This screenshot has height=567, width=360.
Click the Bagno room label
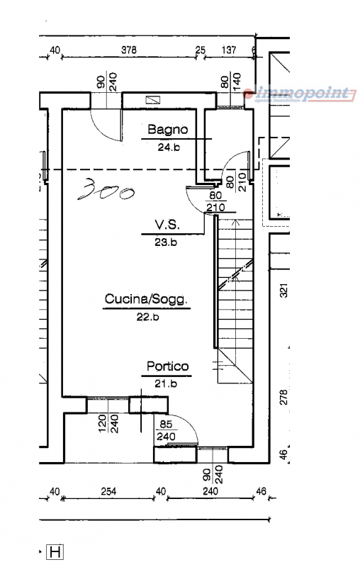click(x=168, y=130)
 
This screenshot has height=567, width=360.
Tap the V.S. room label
click(x=167, y=225)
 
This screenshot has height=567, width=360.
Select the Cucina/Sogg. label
click(x=147, y=299)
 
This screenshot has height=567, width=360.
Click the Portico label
click(x=167, y=366)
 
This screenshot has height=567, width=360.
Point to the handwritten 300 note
click(x=106, y=189)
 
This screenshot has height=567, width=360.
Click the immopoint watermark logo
click(x=300, y=94)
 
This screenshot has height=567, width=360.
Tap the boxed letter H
click(x=55, y=552)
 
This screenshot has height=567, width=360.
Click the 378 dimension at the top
click(x=129, y=50)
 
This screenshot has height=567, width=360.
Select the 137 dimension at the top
click(x=228, y=50)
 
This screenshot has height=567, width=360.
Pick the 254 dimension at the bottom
click(x=108, y=491)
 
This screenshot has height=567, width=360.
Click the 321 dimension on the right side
click(x=284, y=291)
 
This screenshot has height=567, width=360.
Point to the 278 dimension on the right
click(x=284, y=397)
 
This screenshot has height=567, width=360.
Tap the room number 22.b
click(x=147, y=317)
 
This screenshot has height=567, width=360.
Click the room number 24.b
click(x=169, y=147)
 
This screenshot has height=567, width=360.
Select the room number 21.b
click(x=166, y=383)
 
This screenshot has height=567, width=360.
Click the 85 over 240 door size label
click(x=166, y=430)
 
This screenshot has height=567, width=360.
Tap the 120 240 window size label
click(x=108, y=423)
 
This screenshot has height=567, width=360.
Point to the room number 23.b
click(x=166, y=242)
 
